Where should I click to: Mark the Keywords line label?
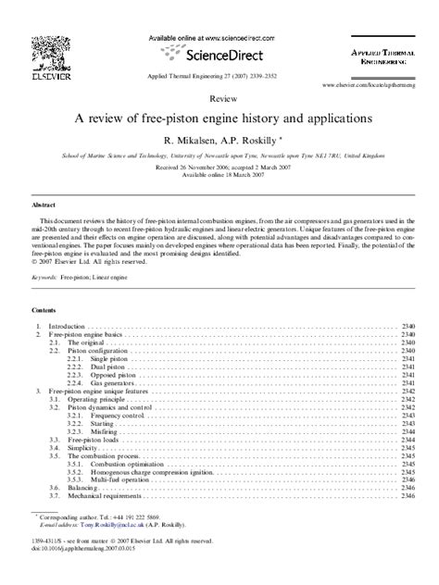pyautogui.click(x=44, y=276)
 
